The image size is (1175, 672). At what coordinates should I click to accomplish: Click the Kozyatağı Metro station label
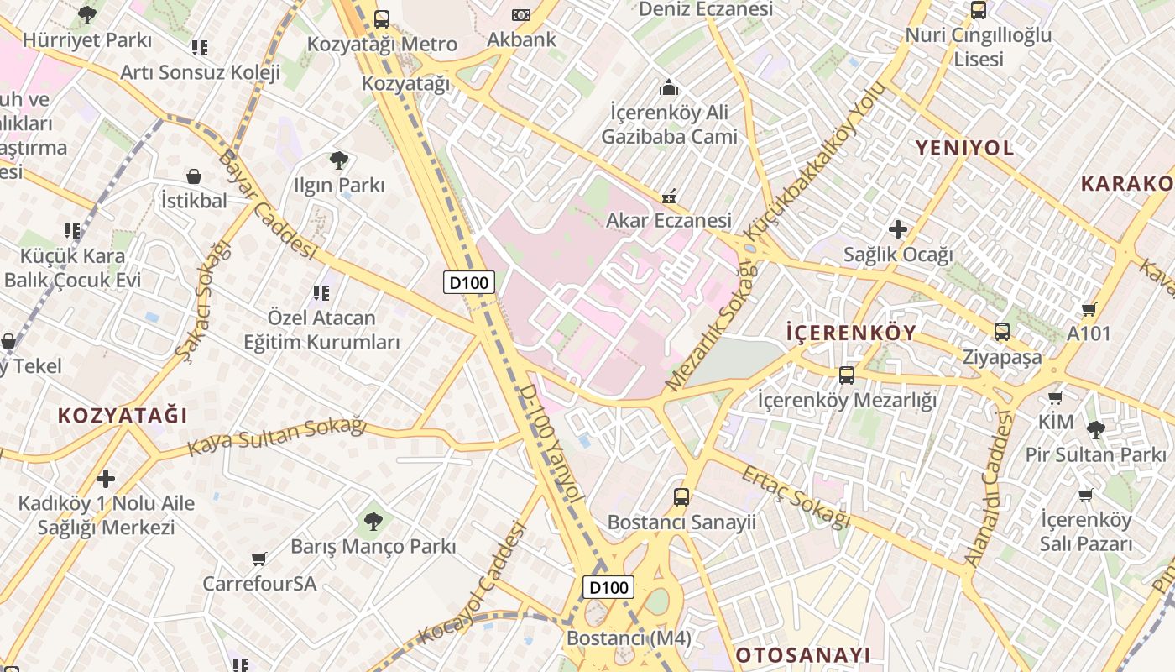(382, 44)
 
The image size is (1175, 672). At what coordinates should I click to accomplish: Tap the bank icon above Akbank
(521, 15)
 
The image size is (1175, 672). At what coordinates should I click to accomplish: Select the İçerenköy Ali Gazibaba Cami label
(669, 124)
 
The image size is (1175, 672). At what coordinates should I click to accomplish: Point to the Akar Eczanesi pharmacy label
(669, 221)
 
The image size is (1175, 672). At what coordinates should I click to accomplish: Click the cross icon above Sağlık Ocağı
(898, 228)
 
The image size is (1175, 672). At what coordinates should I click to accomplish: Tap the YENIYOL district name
(964, 149)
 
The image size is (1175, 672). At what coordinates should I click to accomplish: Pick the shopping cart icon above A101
(1089, 309)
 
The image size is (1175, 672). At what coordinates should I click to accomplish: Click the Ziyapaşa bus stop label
(1002, 357)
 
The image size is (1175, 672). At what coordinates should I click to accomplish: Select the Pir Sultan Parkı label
(1095, 454)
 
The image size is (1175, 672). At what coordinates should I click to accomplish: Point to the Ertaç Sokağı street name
(796, 497)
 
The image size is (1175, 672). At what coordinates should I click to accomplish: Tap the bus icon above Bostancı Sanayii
(681, 496)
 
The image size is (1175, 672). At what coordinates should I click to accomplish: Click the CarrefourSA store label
(259, 583)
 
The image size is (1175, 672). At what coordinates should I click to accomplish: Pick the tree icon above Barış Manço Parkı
(373, 522)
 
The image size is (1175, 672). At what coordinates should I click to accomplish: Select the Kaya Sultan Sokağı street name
(277, 437)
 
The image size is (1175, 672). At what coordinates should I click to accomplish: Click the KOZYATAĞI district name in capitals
(123, 416)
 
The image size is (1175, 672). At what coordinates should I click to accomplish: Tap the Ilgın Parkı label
(339, 186)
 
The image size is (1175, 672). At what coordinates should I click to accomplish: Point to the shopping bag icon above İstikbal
(194, 176)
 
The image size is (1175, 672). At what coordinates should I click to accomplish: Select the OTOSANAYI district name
(802, 655)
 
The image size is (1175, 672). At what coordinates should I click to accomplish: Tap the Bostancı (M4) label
(629, 638)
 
